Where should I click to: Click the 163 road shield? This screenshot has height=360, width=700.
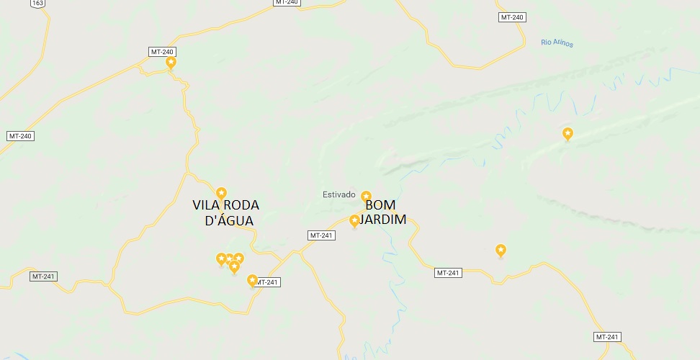(37, 4)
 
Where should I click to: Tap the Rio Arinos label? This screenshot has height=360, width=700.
(557, 43)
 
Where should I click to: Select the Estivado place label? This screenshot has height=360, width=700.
(338, 194)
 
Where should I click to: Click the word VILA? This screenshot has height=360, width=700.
(207, 205)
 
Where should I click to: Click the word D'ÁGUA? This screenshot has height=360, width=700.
(229, 220)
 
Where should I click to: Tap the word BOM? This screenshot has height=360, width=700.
(380, 204)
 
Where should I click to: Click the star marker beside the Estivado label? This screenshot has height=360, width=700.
(366, 197)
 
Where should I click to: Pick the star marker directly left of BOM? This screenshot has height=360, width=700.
(354, 220)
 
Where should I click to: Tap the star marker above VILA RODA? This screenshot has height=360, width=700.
(222, 192)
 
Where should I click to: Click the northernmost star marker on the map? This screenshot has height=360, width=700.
(171, 63)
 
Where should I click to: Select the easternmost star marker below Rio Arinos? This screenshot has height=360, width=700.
(567, 133)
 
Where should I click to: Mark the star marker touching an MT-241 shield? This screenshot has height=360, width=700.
(252, 280)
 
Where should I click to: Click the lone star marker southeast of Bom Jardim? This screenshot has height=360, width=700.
(501, 250)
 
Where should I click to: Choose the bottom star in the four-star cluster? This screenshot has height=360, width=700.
(234, 266)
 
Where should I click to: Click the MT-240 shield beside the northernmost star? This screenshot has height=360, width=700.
(163, 52)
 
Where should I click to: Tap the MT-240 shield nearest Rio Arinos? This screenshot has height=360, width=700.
(511, 17)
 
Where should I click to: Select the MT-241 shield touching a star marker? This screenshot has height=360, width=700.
(267, 282)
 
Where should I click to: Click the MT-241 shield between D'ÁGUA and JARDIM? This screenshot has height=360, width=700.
(321, 235)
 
